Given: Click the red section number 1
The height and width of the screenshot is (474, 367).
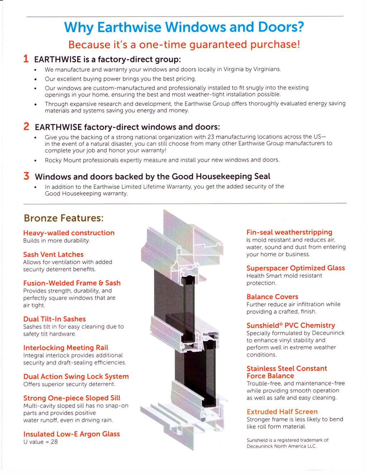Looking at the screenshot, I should [26, 59].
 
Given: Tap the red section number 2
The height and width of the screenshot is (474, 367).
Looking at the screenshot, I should [26, 126].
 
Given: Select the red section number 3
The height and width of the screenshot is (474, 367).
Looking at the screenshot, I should [26, 176].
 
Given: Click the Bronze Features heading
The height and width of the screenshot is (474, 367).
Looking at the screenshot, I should [63, 218].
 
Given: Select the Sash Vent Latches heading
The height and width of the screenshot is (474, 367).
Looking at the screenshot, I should [53, 254].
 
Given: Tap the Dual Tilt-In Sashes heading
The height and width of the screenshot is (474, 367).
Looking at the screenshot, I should [54, 319].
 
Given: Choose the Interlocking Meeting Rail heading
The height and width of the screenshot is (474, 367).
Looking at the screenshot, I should [66, 347].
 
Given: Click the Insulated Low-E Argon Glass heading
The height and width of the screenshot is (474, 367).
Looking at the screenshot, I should [72, 434].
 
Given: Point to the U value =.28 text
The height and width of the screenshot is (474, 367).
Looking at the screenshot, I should [40, 442].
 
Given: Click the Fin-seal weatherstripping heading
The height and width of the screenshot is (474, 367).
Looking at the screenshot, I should [289, 232].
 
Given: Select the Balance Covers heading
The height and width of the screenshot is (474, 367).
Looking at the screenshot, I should [272, 297].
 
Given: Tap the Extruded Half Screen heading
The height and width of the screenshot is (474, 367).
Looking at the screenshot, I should [282, 411].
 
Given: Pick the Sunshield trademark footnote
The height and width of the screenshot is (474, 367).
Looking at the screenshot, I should [287, 443].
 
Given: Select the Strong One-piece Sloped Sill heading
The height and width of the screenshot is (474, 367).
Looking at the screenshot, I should [72, 398].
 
